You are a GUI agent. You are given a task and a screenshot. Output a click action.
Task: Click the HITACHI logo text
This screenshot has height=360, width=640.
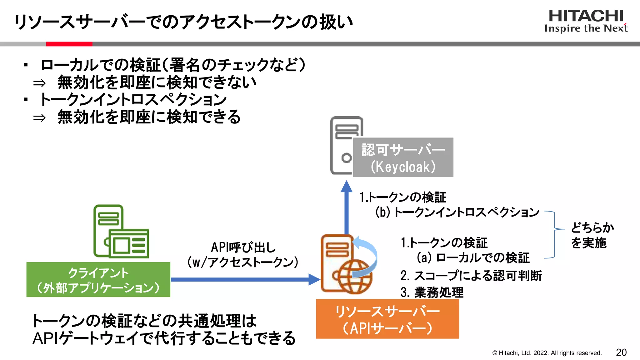click(x=586, y=16)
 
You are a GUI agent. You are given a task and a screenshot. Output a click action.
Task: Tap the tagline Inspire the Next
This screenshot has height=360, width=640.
click(x=586, y=28)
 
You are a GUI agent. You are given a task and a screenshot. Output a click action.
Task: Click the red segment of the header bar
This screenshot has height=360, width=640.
click(x=69, y=44)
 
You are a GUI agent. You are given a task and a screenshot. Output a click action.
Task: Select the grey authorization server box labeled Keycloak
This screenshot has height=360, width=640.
click(x=403, y=157)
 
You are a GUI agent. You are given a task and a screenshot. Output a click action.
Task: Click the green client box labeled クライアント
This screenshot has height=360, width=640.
click(x=98, y=280)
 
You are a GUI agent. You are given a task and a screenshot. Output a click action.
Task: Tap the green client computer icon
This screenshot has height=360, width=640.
click(x=121, y=232)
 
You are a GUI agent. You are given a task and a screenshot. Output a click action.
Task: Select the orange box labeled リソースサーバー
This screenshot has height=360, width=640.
click(x=387, y=319)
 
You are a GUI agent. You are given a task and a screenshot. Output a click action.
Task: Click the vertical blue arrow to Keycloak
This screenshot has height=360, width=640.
click(x=346, y=209)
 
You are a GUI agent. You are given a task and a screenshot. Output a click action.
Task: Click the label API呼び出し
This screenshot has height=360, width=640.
click(x=243, y=247)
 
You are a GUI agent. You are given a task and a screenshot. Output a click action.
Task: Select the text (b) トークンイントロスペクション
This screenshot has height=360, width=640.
click(x=457, y=212)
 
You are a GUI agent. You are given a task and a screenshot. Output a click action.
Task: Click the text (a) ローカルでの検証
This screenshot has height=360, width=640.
click(x=473, y=258)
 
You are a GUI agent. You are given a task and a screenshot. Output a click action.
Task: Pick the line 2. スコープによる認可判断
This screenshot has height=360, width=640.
click(x=471, y=276)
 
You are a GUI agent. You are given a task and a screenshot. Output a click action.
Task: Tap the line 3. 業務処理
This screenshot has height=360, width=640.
click(x=432, y=292)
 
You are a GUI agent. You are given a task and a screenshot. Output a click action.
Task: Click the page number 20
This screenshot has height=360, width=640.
click(x=621, y=352)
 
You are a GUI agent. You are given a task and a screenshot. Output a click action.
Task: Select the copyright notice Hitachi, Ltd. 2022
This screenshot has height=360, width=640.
click(x=547, y=353)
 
